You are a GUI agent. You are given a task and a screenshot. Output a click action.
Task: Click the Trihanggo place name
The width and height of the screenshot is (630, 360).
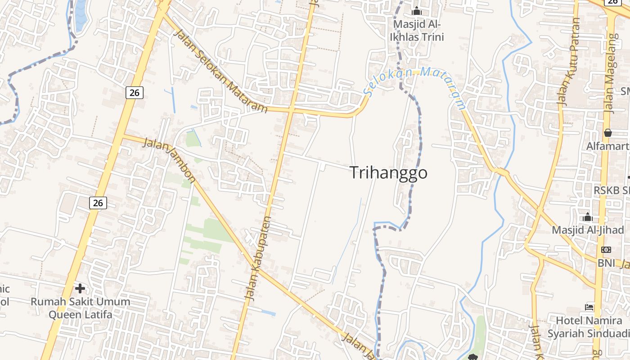[x=388, y=173]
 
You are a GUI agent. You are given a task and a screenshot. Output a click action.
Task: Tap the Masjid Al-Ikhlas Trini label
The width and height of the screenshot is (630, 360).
[x=418, y=30]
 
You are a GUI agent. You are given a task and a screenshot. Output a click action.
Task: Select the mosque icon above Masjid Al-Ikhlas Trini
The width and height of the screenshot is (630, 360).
[x=417, y=10]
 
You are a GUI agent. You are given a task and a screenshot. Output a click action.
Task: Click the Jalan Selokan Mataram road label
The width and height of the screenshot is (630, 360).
[x=220, y=72]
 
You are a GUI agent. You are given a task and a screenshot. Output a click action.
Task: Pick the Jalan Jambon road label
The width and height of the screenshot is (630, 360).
[x=169, y=158]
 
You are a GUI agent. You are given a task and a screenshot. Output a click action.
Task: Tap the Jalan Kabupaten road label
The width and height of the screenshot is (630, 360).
[x=258, y=258]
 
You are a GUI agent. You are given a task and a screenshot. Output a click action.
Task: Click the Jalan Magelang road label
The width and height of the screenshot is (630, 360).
[x=610, y=72]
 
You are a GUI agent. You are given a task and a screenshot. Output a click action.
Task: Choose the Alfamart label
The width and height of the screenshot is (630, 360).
[x=607, y=146]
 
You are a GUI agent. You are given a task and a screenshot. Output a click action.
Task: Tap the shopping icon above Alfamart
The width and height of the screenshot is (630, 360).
[x=607, y=133]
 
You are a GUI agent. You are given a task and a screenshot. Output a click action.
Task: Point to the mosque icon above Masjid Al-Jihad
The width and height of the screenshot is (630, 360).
[x=587, y=217]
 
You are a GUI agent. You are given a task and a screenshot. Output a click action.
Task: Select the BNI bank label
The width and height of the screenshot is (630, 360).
[x=606, y=262]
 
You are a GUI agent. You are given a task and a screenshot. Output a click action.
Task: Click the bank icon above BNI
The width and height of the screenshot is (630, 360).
[x=606, y=250]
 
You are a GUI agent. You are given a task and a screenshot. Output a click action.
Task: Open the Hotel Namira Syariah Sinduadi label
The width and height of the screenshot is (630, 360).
[x=589, y=327]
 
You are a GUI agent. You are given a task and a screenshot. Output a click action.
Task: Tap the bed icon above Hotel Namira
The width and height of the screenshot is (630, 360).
[x=589, y=308]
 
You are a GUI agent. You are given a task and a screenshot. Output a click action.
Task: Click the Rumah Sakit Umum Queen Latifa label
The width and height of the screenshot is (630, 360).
[x=80, y=308]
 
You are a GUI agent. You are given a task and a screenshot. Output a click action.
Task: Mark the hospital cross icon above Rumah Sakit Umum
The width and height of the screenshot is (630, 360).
[x=80, y=288]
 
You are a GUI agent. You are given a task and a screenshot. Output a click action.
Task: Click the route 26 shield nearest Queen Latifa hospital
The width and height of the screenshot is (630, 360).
[x=98, y=203]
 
